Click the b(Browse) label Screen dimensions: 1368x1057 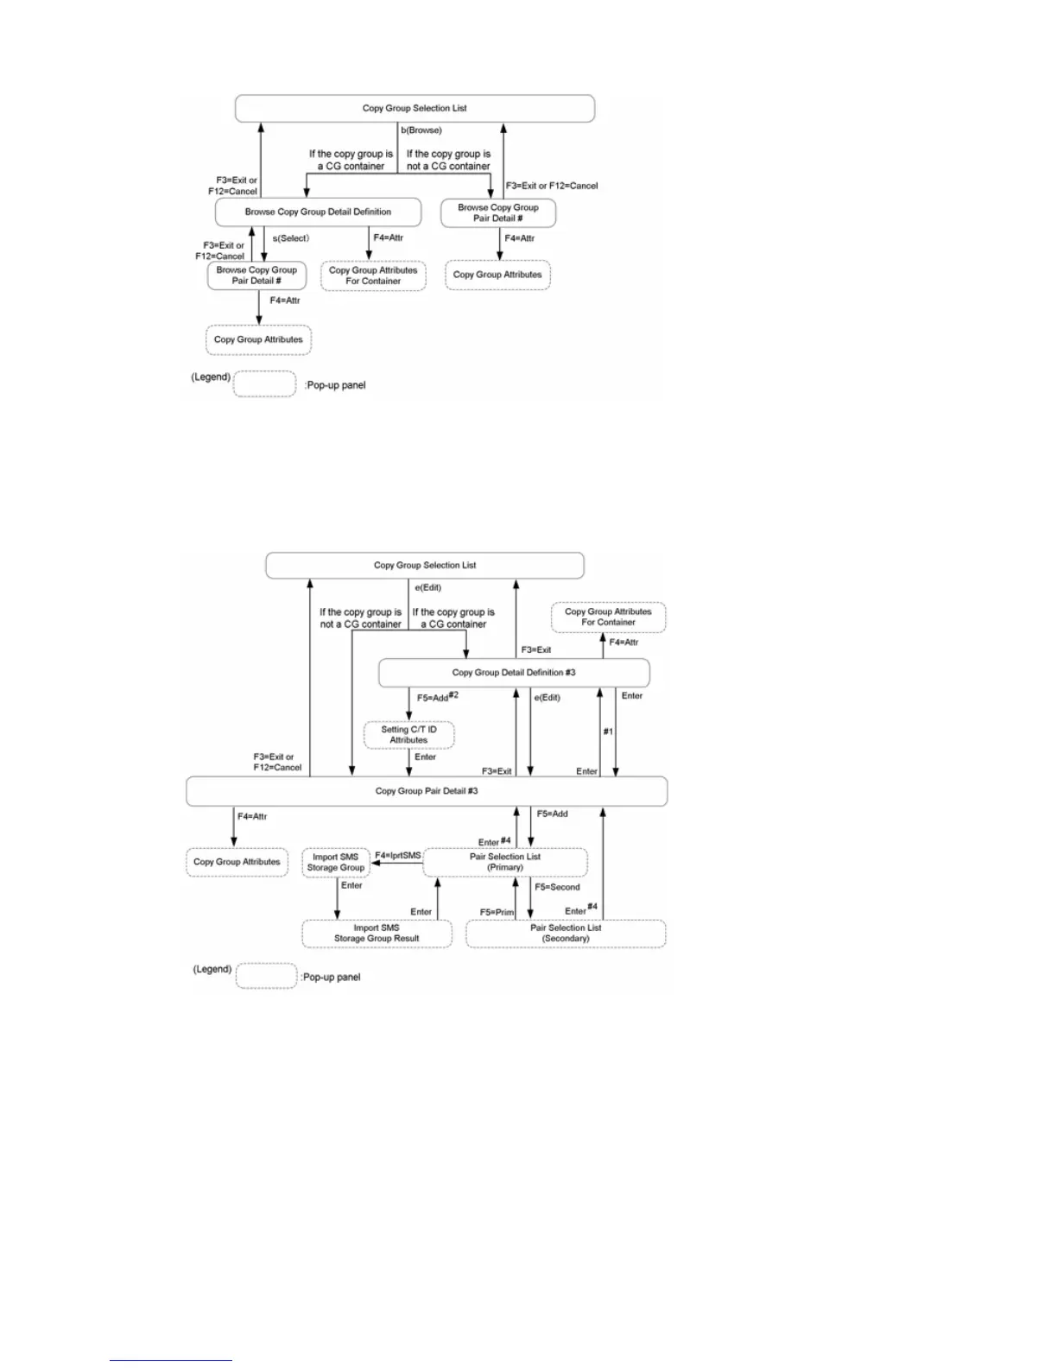[x=421, y=130]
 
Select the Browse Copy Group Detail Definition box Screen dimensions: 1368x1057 [x=318, y=212]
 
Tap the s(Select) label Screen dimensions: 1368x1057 [x=291, y=238]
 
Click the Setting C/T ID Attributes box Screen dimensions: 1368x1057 [x=408, y=735]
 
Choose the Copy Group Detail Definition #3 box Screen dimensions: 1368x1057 [x=514, y=673]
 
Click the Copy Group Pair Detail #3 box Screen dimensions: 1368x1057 [x=427, y=791]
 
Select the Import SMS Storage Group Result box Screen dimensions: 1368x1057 [x=377, y=934]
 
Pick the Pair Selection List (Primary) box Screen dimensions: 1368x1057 [x=505, y=862]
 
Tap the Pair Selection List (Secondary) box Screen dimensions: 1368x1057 [x=566, y=934]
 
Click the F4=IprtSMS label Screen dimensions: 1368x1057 [x=398, y=856]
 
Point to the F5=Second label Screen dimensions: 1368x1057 [x=557, y=887]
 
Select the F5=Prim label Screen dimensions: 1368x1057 [x=497, y=912]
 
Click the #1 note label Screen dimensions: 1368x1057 [x=608, y=731]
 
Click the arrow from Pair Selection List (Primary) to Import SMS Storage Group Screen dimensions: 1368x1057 [x=396, y=863]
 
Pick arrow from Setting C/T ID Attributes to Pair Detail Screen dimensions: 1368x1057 [x=409, y=763]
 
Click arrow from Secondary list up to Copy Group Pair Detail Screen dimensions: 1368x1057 [x=603, y=864]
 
